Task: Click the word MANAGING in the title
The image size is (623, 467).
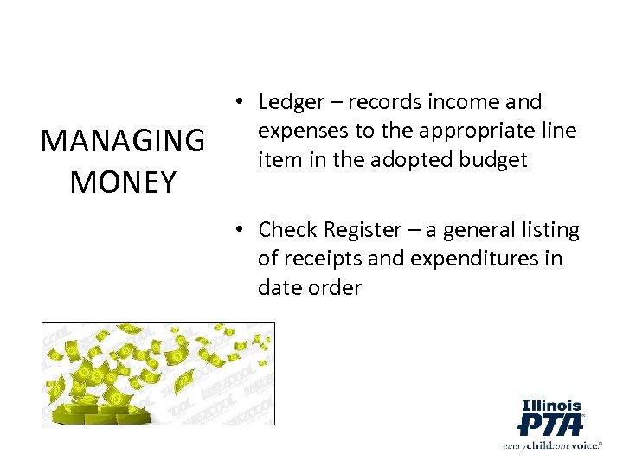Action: point(123,140)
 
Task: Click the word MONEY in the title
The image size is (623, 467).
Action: point(123,182)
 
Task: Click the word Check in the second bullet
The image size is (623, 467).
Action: point(287,230)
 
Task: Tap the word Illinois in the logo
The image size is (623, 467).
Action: point(551,405)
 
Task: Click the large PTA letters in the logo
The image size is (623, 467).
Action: point(550,425)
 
